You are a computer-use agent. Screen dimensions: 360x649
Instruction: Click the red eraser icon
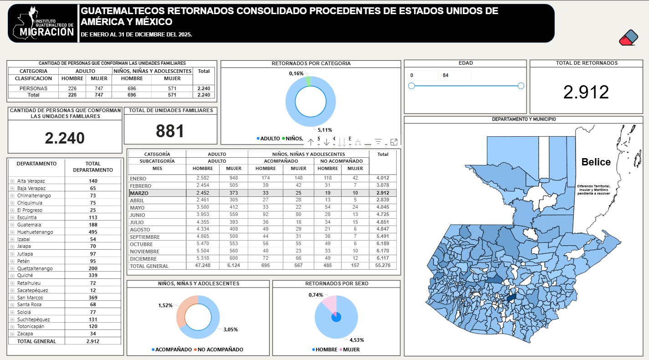tap(629, 38)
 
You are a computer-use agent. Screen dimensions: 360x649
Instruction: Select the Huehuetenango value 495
tap(93, 232)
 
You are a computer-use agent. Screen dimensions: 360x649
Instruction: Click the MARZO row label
tap(139, 193)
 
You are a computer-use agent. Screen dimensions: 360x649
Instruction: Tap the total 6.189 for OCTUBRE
tap(383, 244)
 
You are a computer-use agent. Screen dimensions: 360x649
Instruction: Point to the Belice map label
tap(596, 162)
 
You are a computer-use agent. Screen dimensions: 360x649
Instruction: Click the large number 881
tap(170, 131)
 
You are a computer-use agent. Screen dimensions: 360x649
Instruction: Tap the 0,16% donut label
tap(296, 73)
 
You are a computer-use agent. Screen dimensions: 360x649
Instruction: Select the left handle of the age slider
tap(411, 86)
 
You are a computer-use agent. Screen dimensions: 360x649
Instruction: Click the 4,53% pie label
tap(356, 339)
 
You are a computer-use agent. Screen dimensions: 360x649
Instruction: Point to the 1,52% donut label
tap(165, 305)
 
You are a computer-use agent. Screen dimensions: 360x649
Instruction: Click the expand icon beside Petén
tap(12, 261)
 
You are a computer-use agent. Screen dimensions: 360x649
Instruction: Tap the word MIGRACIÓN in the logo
tap(47, 32)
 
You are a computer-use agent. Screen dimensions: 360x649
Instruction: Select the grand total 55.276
tap(383, 266)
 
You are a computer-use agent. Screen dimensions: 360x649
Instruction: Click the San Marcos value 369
tap(93, 298)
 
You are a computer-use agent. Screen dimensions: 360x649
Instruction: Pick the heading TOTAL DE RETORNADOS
tap(586, 63)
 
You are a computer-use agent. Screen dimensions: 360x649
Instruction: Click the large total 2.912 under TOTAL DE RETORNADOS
tap(586, 92)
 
